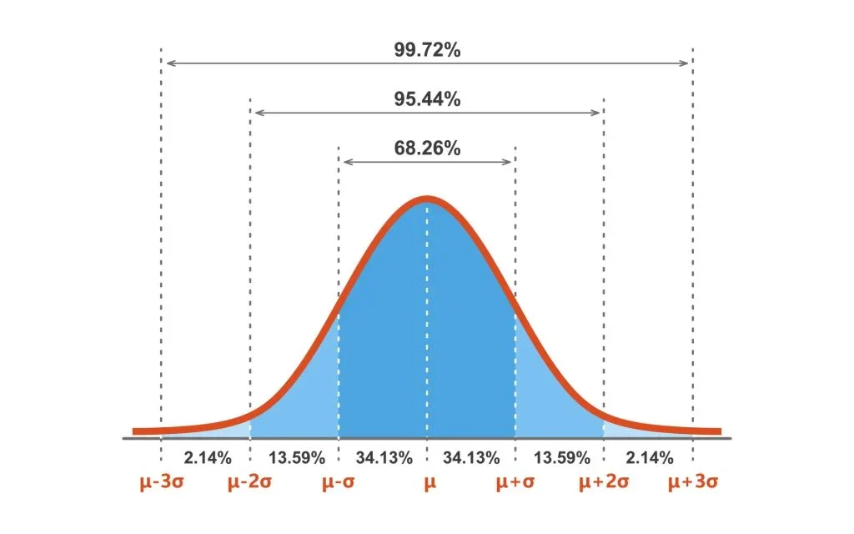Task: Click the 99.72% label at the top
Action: pyautogui.click(x=427, y=49)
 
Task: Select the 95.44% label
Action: pyautogui.click(x=427, y=98)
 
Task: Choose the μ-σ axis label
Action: pyautogui.click(x=339, y=482)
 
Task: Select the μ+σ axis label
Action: pyautogui.click(x=515, y=482)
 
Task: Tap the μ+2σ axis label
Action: pyautogui.click(x=604, y=482)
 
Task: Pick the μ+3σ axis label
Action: pyautogui.click(x=693, y=482)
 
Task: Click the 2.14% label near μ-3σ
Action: pyautogui.click(x=205, y=457)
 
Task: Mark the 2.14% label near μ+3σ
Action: pyautogui.click(x=649, y=457)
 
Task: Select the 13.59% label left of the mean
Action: pyautogui.click(x=294, y=457)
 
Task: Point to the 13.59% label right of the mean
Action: pyautogui.click(x=560, y=457)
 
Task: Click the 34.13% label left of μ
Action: pyautogui.click(x=383, y=457)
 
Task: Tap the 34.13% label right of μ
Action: pyautogui.click(x=472, y=457)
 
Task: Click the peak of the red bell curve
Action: pyautogui.click(x=427, y=199)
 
